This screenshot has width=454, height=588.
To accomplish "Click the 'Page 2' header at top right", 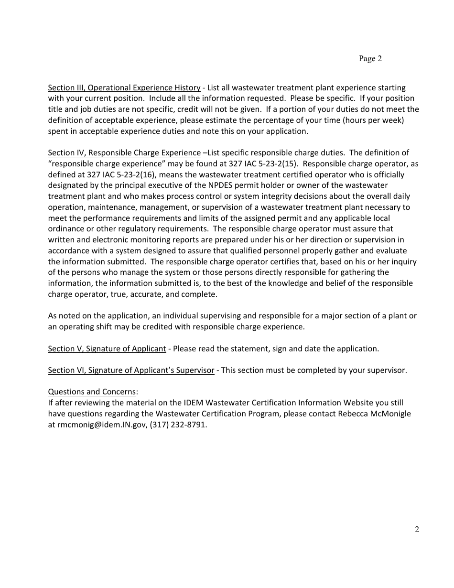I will coord(370,59).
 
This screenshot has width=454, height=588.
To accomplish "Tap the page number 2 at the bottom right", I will coord(417,529).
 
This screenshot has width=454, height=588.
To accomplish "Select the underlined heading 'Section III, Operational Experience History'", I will coord(124,87).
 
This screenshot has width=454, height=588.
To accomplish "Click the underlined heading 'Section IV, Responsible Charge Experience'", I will coord(124,153).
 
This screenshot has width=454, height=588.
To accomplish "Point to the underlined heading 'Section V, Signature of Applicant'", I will coord(107,348).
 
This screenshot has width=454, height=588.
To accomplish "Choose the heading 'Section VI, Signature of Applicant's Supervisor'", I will coord(131,370).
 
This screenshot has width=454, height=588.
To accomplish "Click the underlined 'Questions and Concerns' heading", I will coord(92,392).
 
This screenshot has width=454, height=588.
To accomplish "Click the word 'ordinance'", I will coord(67,229).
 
